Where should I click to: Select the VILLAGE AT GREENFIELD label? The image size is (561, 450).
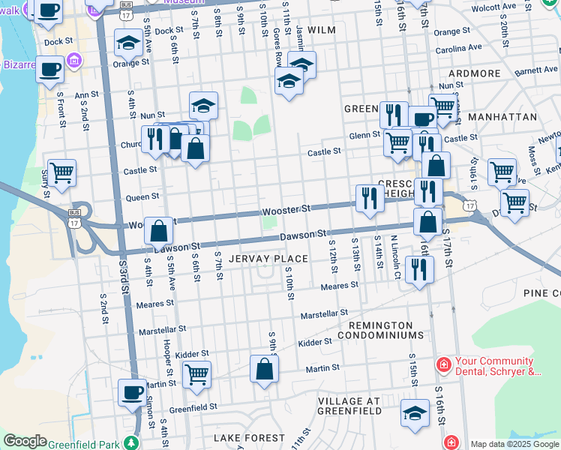pos(349,406)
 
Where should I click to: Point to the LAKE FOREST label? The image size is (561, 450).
pos(249,437)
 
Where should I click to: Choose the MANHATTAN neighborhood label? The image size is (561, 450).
pos(502,118)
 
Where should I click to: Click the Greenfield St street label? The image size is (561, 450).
pos(193,408)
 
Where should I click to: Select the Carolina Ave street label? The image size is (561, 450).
pos(459,49)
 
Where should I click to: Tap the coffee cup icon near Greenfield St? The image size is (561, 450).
pos(133,392)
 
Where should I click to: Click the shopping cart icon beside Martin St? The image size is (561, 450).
pos(196,372)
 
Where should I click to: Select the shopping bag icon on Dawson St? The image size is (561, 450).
pos(159,230)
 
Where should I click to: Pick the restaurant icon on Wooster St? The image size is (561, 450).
pos(369,198)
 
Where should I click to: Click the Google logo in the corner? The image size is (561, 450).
pos(25,441)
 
